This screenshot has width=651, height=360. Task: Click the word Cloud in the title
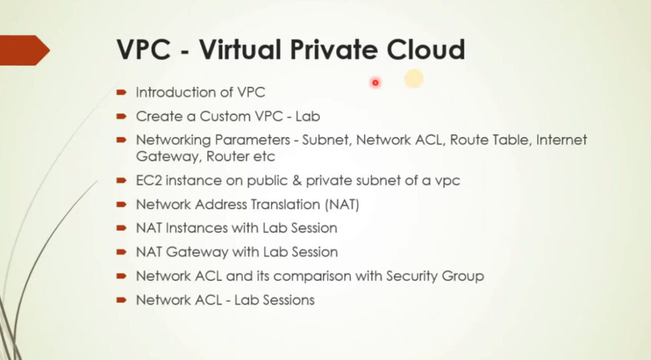tap(425, 50)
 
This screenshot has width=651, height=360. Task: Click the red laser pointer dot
tap(375, 83)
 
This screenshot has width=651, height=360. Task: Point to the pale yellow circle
tap(414, 78)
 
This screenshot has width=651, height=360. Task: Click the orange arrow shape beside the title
tap(25, 50)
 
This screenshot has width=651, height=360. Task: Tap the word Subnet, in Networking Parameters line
tap(327, 140)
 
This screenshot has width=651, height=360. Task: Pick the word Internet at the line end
tap(561, 140)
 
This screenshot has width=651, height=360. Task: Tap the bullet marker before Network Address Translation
tap(121, 204)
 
